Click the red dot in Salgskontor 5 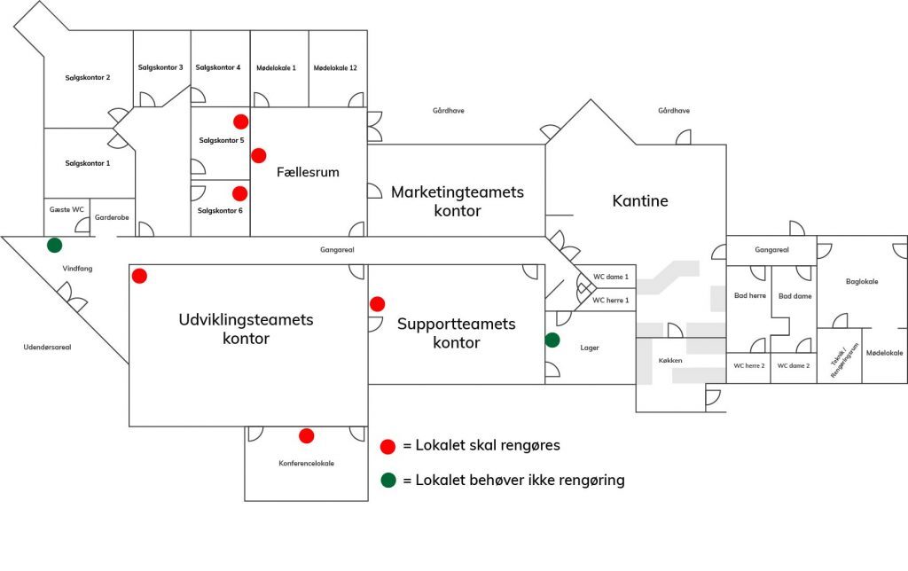click(240, 121)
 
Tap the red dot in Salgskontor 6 click(239, 193)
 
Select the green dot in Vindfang click(55, 245)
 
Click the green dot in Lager click(552, 340)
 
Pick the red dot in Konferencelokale click(307, 435)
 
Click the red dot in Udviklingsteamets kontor click(139, 276)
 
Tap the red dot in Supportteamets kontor click(378, 304)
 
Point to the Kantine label click(640, 201)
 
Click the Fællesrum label click(308, 172)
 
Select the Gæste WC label click(67, 209)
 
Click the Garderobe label click(112, 216)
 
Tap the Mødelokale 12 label click(336, 67)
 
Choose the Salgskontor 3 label click(160, 67)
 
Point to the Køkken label click(671, 362)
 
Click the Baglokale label click(862, 281)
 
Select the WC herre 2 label click(748, 365)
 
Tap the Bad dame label click(794, 295)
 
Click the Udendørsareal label click(47, 347)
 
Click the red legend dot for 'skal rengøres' click(387, 446)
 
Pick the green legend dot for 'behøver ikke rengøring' click(387, 481)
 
